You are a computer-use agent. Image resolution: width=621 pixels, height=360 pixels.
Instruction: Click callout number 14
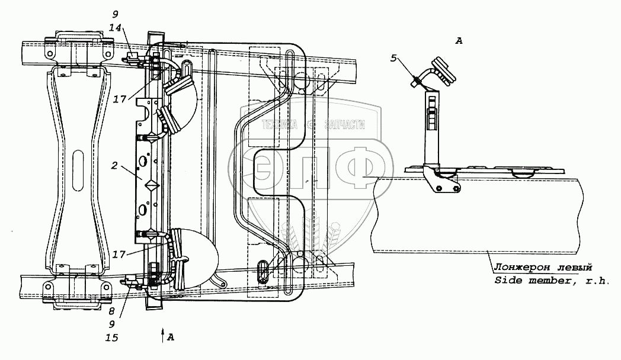tap(115, 28)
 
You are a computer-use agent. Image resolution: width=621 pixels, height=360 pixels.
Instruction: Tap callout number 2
tap(114, 165)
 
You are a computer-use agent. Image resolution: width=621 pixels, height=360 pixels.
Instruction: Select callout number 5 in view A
tap(393, 59)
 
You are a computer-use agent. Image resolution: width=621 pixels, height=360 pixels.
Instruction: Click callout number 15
tap(112, 338)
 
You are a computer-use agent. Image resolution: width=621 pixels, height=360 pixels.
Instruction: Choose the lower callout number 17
tap(119, 254)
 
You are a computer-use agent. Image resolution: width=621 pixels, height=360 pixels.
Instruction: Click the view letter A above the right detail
tap(459, 40)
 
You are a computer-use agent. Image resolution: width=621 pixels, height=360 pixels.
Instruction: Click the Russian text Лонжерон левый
tap(543, 268)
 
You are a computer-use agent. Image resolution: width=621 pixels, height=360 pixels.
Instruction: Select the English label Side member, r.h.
tap(551, 281)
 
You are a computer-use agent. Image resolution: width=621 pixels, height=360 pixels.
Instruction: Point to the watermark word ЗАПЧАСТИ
tap(344, 125)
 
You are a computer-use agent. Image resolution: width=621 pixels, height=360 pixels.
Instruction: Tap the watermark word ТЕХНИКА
tap(280, 125)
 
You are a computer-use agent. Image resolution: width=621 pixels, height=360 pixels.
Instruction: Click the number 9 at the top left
tap(115, 15)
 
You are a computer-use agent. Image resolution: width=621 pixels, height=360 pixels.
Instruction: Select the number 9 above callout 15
tap(111, 324)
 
